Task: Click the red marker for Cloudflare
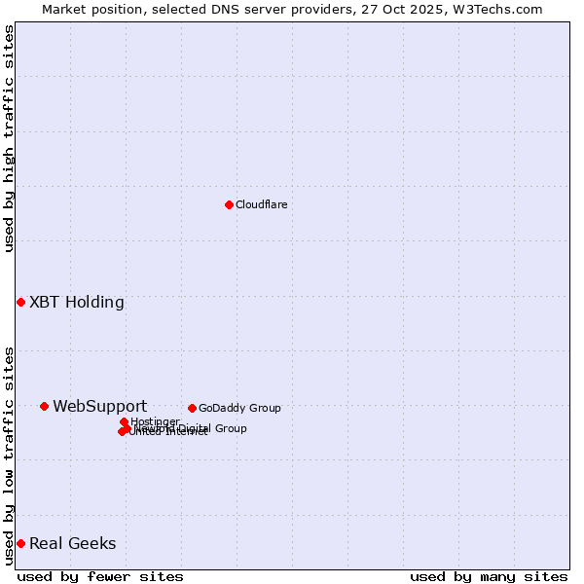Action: (229, 204)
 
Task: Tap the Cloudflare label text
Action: (261, 204)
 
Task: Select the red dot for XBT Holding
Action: (20, 302)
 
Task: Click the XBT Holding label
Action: (77, 302)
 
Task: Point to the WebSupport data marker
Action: (44, 406)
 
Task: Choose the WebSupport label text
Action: (99, 406)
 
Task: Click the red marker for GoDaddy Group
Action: (192, 408)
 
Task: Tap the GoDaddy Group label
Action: (239, 408)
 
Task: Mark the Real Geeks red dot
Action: (20, 543)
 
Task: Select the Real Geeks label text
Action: (72, 543)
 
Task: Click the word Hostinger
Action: (155, 421)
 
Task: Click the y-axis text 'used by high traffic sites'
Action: (9, 138)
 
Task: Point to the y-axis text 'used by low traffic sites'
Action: (9, 456)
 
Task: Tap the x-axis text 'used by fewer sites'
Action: (100, 576)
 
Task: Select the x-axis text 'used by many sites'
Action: (489, 576)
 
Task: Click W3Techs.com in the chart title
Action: (502, 9)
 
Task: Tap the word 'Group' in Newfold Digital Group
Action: (230, 428)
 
